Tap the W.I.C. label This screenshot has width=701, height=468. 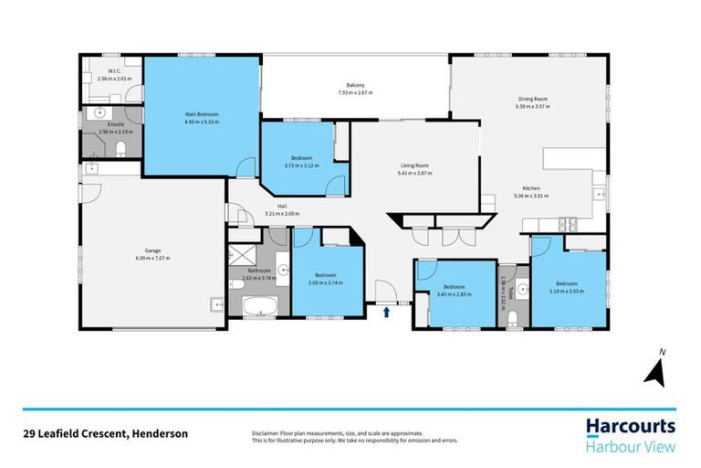[114, 71]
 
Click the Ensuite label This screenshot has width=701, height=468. [114, 124]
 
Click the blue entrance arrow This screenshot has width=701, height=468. [387, 313]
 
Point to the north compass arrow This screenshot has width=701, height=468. [655, 369]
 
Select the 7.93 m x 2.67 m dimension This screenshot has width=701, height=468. [356, 93]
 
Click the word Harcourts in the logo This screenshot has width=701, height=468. [630, 425]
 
